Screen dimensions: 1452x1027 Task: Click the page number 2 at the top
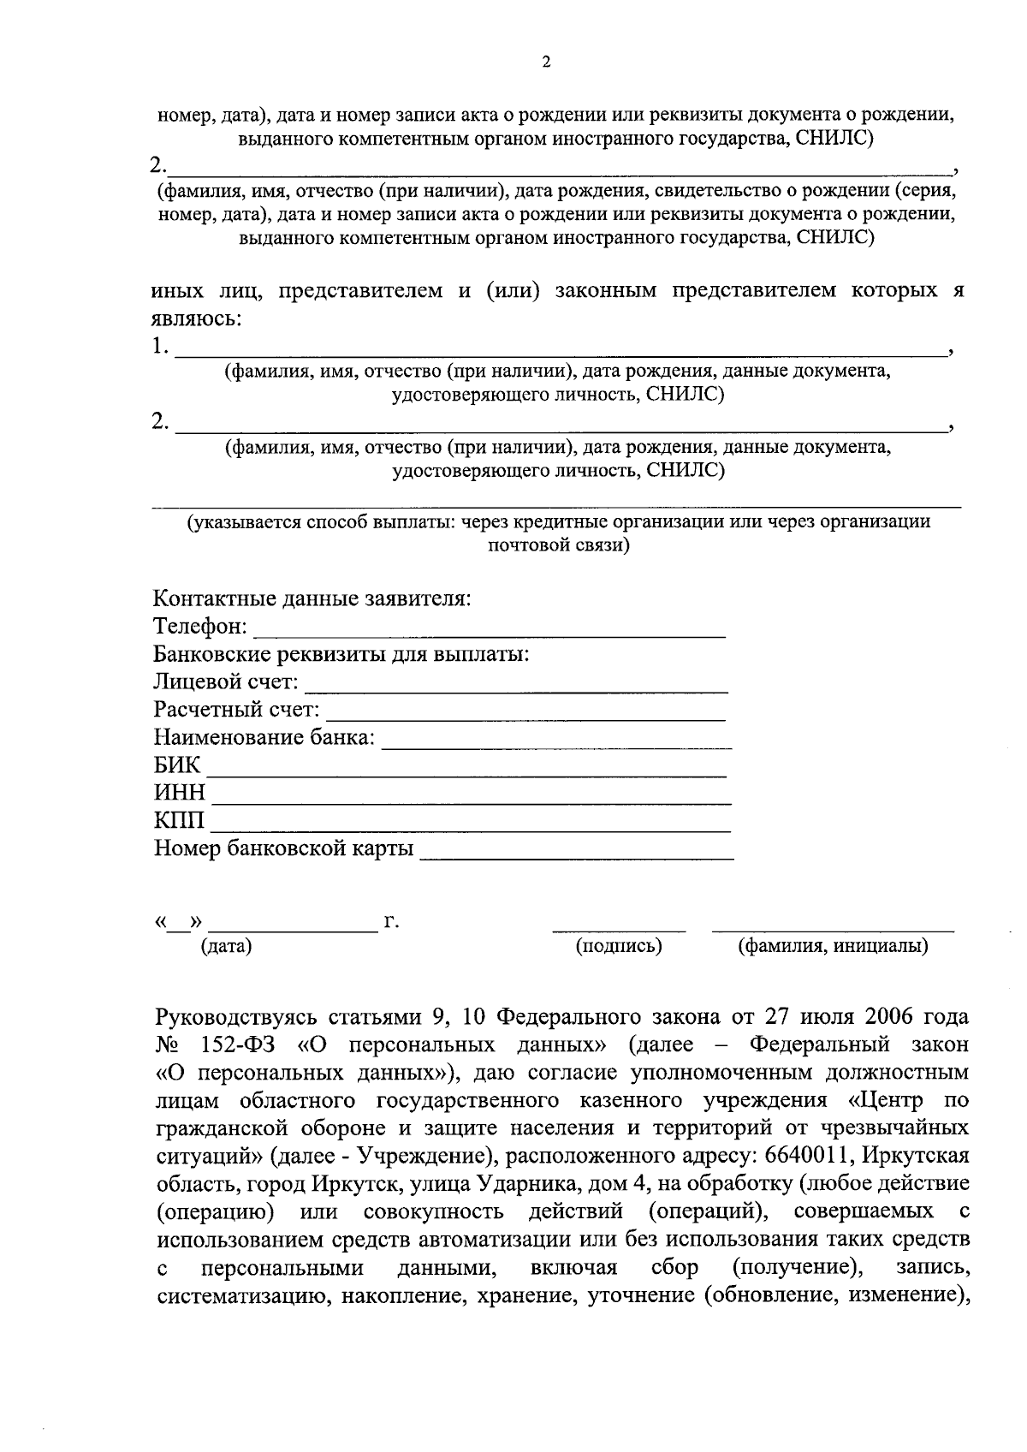547,62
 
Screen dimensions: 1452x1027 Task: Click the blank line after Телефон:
490,636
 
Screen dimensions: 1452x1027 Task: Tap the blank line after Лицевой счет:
516,690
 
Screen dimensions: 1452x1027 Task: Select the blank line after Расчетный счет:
526,718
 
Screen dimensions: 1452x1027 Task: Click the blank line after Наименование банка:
556,747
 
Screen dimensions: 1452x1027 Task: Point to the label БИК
176,765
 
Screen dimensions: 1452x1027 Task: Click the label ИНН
180,793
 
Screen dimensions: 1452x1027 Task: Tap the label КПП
180,821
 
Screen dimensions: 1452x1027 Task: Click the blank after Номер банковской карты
576,857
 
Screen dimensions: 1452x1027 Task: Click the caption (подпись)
619,946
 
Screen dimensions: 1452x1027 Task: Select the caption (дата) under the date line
226,946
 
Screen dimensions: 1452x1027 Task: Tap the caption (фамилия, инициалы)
833,946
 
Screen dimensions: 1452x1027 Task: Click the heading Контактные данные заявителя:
312,598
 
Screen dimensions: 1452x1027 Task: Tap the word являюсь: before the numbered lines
196,319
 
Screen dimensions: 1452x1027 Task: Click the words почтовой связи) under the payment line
558,545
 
